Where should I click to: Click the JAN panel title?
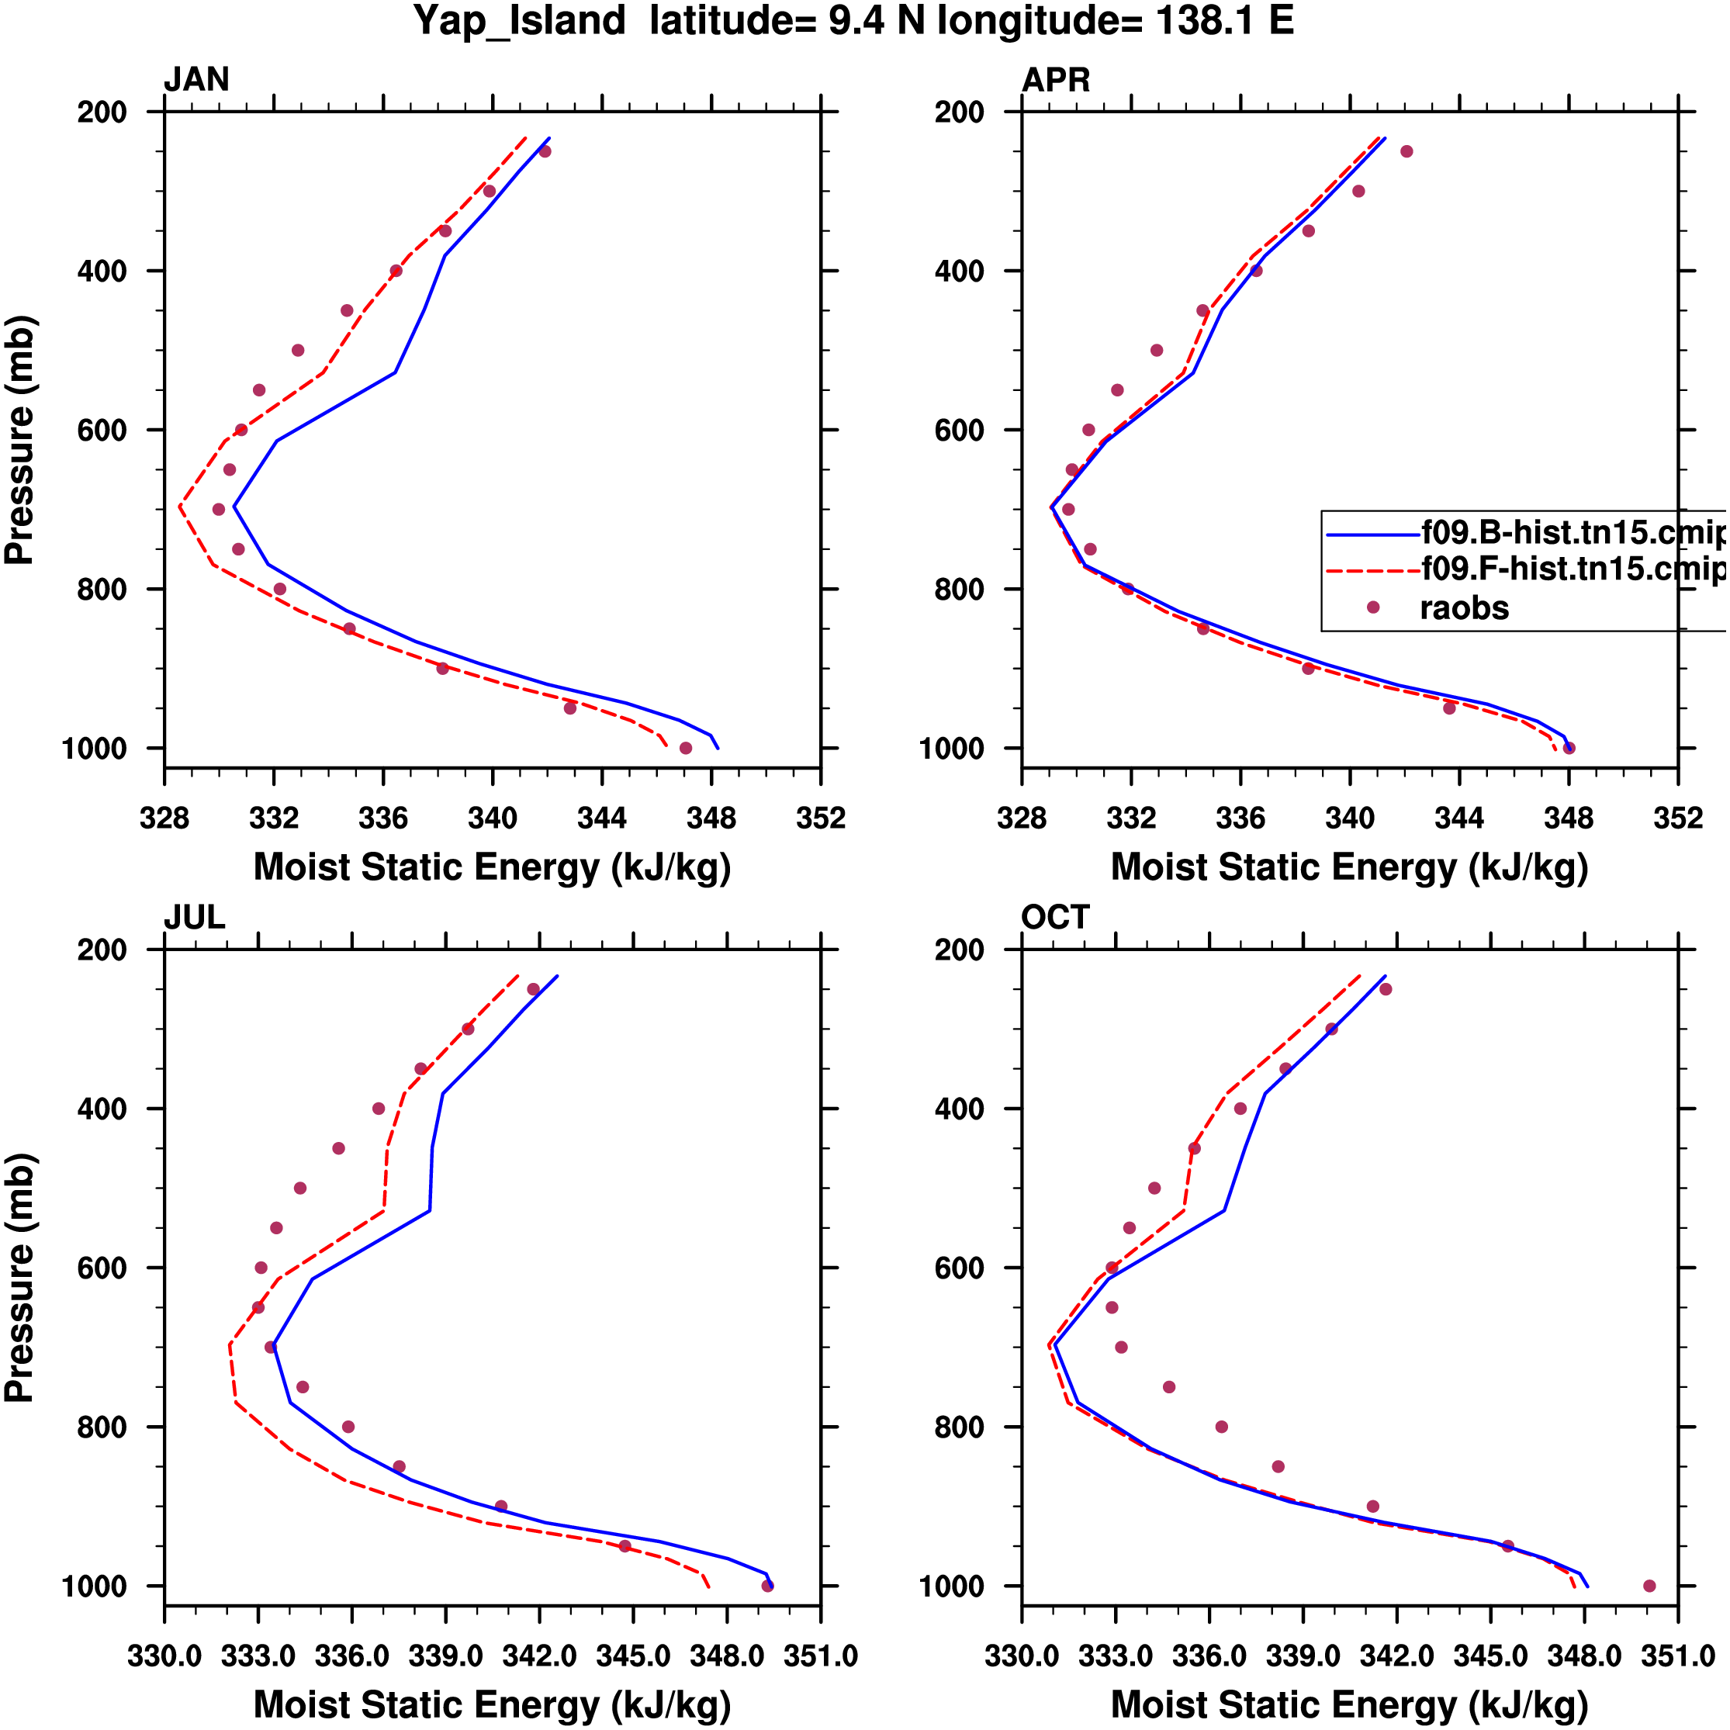pyautogui.click(x=196, y=80)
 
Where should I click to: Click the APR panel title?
pyautogui.click(x=1056, y=80)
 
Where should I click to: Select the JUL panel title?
pyautogui.click(x=194, y=917)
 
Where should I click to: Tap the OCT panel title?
pyautogui.click(x=1055, y=917)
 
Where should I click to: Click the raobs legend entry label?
pyautogui.click(x=1464, y=608)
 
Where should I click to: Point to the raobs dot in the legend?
pyautogui.click(x=1372, y=607)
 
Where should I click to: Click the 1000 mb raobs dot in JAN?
pyautogui.click(x=686, y=748)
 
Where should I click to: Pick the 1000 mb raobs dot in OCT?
pyautogui.click(x=1649, y=1586)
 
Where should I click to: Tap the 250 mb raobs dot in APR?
pyautogui.click(x=1406, y=151)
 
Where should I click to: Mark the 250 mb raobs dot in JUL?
pyautogui.click(x=533, y=989)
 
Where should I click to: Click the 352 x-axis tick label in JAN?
pyautogui.click(x=820, y=818)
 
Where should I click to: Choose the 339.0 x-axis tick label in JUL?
pyautogui.click(x=445, y=1656)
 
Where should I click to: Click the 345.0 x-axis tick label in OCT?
pyautogui.click(x=1490, y=1656)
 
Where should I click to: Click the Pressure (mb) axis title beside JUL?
pyautogui.click(x=19, y=1278)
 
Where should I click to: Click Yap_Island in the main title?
pyautogui.click(x=519, y=19)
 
